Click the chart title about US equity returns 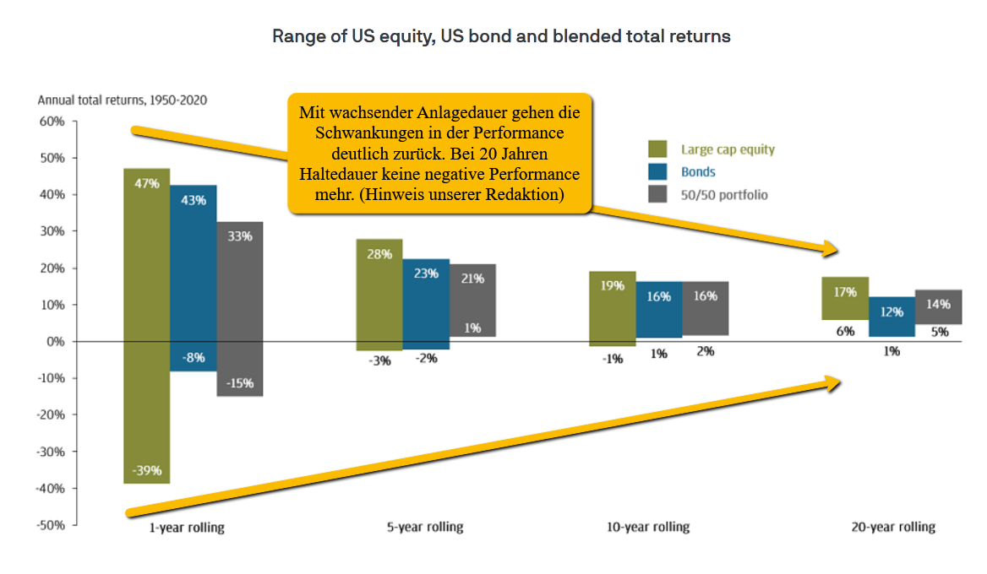(501, 36)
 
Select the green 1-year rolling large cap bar (147, 326)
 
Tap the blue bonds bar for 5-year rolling (426, 304)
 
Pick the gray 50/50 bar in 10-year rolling (706, 308)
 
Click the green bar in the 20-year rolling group (845, 298)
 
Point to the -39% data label (147, 470)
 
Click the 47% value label (147, 183)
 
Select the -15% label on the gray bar (240, 383)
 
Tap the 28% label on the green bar (379, 254)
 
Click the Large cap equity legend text (728, 149)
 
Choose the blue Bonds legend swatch (657, 171)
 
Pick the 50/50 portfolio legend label (724, 195)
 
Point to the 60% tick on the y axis (52, 122)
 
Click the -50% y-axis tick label (51, 525)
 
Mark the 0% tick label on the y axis (56, 341)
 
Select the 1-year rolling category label (186, 528)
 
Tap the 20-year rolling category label (893, 527)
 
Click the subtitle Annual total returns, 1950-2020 (123, 100)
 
